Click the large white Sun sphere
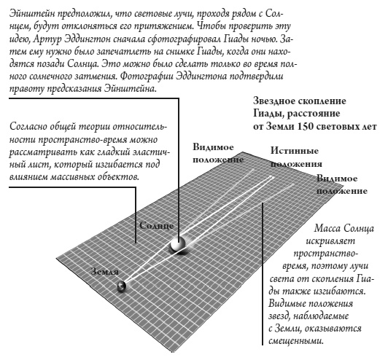point(176,243)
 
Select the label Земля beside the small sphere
point(104,270)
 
